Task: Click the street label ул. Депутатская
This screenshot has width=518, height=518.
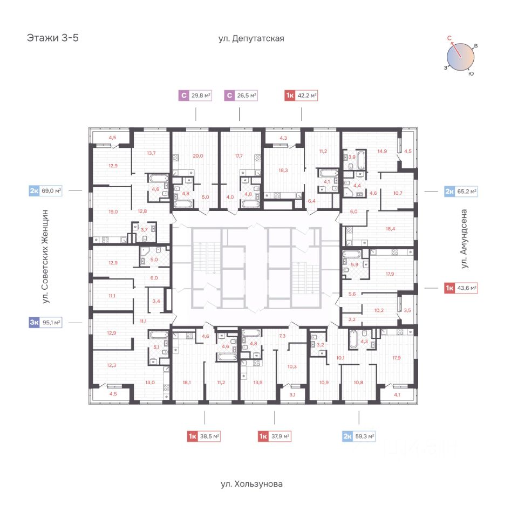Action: tap(251, 38)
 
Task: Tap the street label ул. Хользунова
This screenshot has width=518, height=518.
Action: tap(251, 484)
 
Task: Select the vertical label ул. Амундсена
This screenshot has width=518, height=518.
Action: tap(464, 240)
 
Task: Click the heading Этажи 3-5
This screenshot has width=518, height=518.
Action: tap(52, 38)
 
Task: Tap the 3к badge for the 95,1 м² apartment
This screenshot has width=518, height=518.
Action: tap(34, 323)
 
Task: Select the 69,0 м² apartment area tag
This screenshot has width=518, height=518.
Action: tap(52, 190)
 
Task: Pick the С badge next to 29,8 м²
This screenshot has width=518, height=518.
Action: tap(183, 96)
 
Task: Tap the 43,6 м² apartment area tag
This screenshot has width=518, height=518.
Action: tap(467, 288)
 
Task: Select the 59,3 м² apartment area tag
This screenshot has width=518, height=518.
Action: tap(365, 437)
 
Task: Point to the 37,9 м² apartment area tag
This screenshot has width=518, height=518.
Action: tap(281, 437)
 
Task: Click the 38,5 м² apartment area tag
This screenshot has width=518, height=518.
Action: tap(210, 437)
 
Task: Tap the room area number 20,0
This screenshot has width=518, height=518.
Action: tap(198, 156)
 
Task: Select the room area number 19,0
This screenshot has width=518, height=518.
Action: tap(113, 212)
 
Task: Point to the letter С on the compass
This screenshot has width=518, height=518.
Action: tap(449, 38)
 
